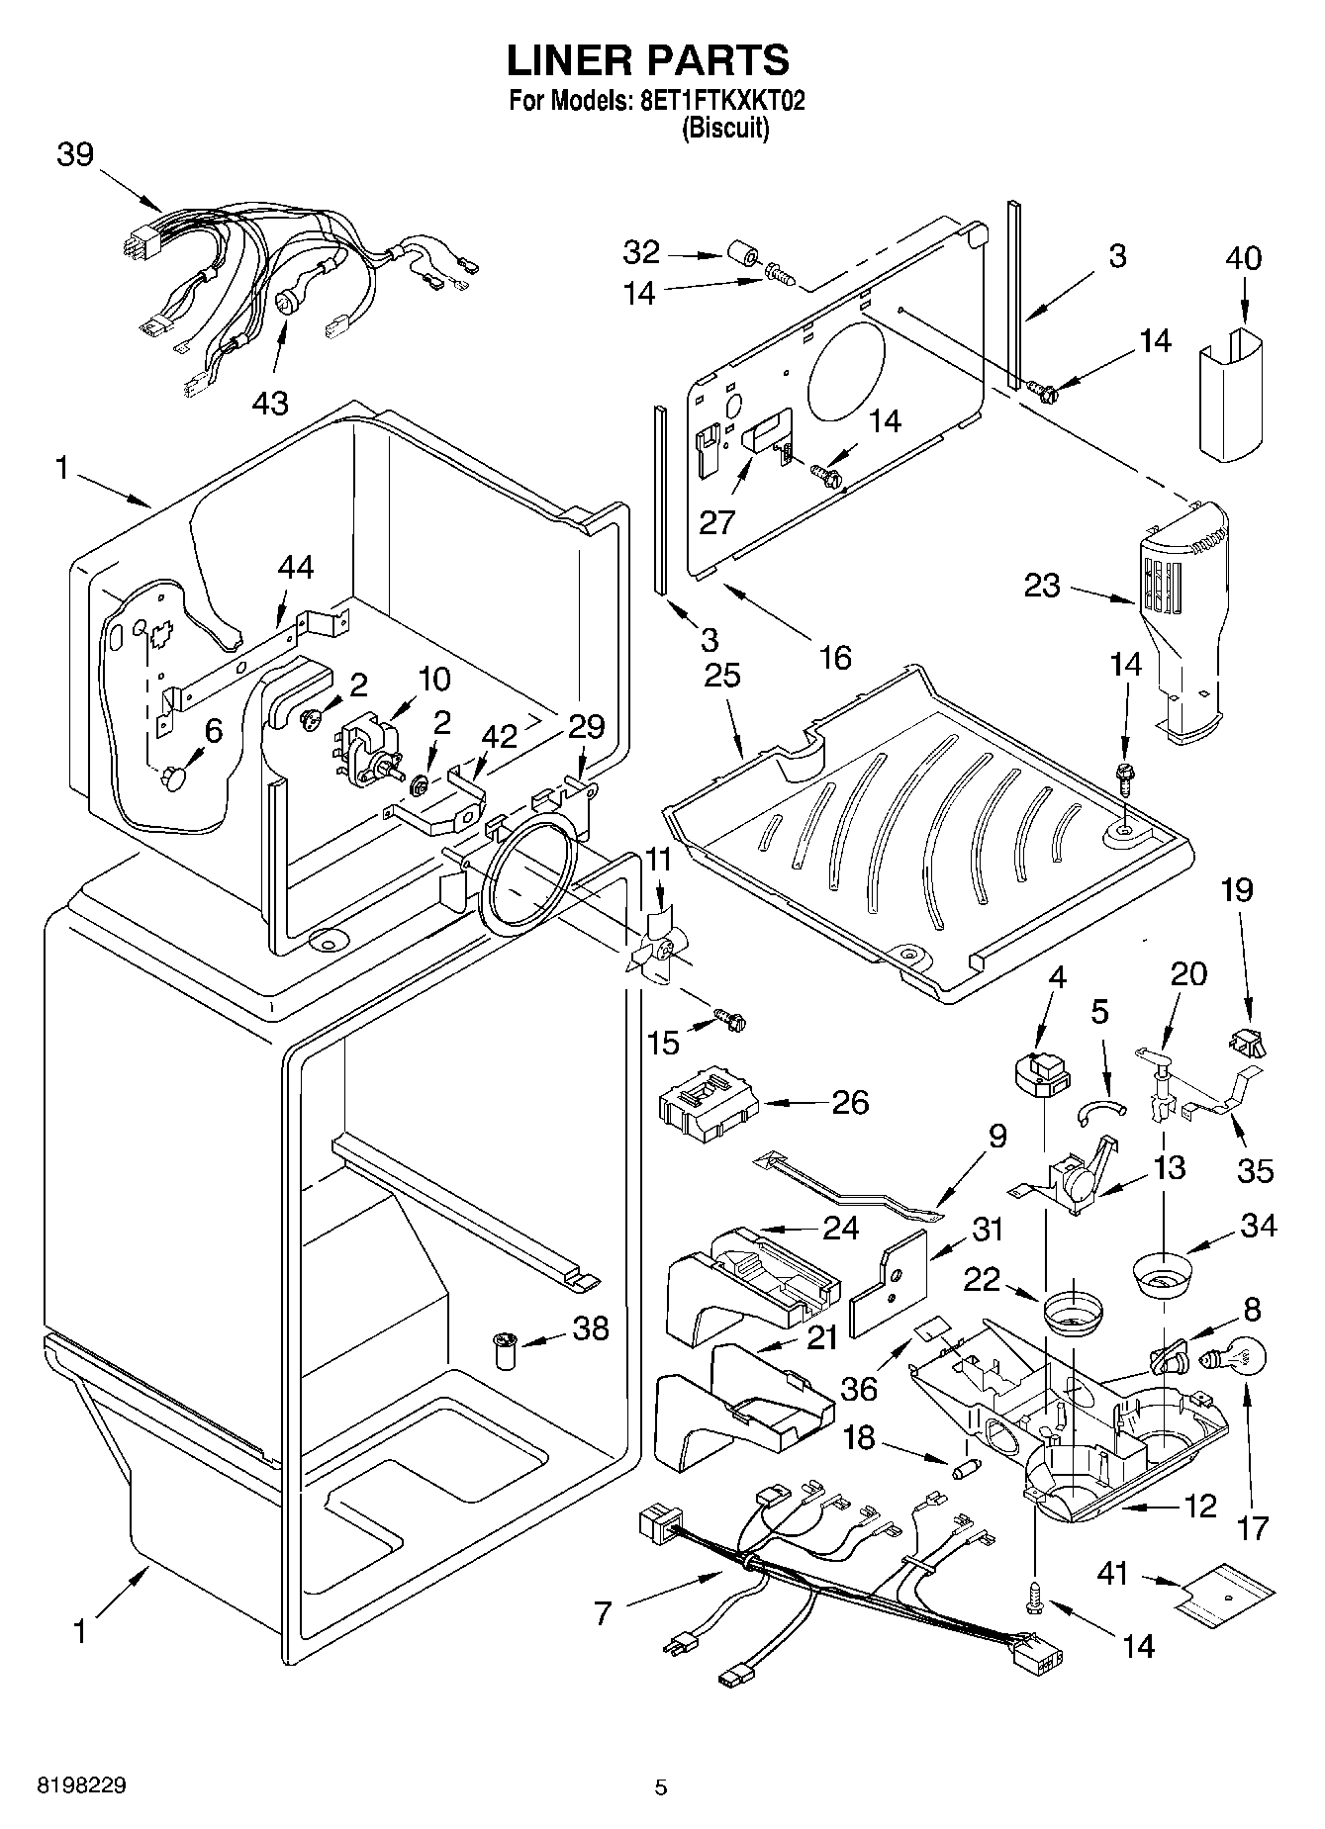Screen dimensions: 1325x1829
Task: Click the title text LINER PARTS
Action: (648, 60)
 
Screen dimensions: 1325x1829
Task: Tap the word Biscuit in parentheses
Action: (725, 128)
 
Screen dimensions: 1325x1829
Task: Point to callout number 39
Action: (75, 155)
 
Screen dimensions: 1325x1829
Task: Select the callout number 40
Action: (1244, 258)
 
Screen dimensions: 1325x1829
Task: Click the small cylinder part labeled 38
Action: (507, 1350)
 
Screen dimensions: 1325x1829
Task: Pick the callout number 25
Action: (722, 676)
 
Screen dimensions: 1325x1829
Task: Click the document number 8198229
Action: (81, 1785)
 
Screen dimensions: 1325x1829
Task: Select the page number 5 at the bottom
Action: (661, 1786)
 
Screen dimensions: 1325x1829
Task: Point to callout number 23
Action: (1042, 586)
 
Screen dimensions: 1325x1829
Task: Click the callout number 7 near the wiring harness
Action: (603, 1613)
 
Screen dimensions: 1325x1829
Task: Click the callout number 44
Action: (296, 568)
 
